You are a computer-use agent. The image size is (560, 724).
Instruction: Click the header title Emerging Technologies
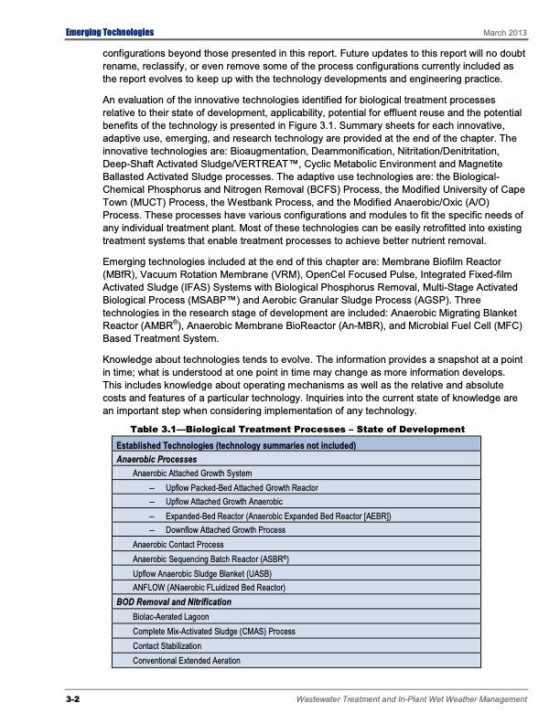click(110, 33)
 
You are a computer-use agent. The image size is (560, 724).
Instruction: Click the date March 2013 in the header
click(508, 34)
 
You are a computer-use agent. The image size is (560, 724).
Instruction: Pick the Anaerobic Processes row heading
click(156, 459)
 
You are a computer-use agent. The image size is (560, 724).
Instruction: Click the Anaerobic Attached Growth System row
click(192, 474)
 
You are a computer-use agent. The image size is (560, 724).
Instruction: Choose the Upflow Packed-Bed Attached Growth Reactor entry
click(242, 488)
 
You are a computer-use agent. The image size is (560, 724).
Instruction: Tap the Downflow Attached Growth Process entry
click(225, 530)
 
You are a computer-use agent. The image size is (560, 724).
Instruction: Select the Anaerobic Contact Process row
click(178, 545)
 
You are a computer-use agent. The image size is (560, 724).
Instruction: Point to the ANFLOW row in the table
click(210, 587)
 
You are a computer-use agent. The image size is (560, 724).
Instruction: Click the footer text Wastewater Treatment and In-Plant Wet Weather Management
click(412, 699)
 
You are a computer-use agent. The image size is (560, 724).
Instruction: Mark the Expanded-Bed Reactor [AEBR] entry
click(278, 516)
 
